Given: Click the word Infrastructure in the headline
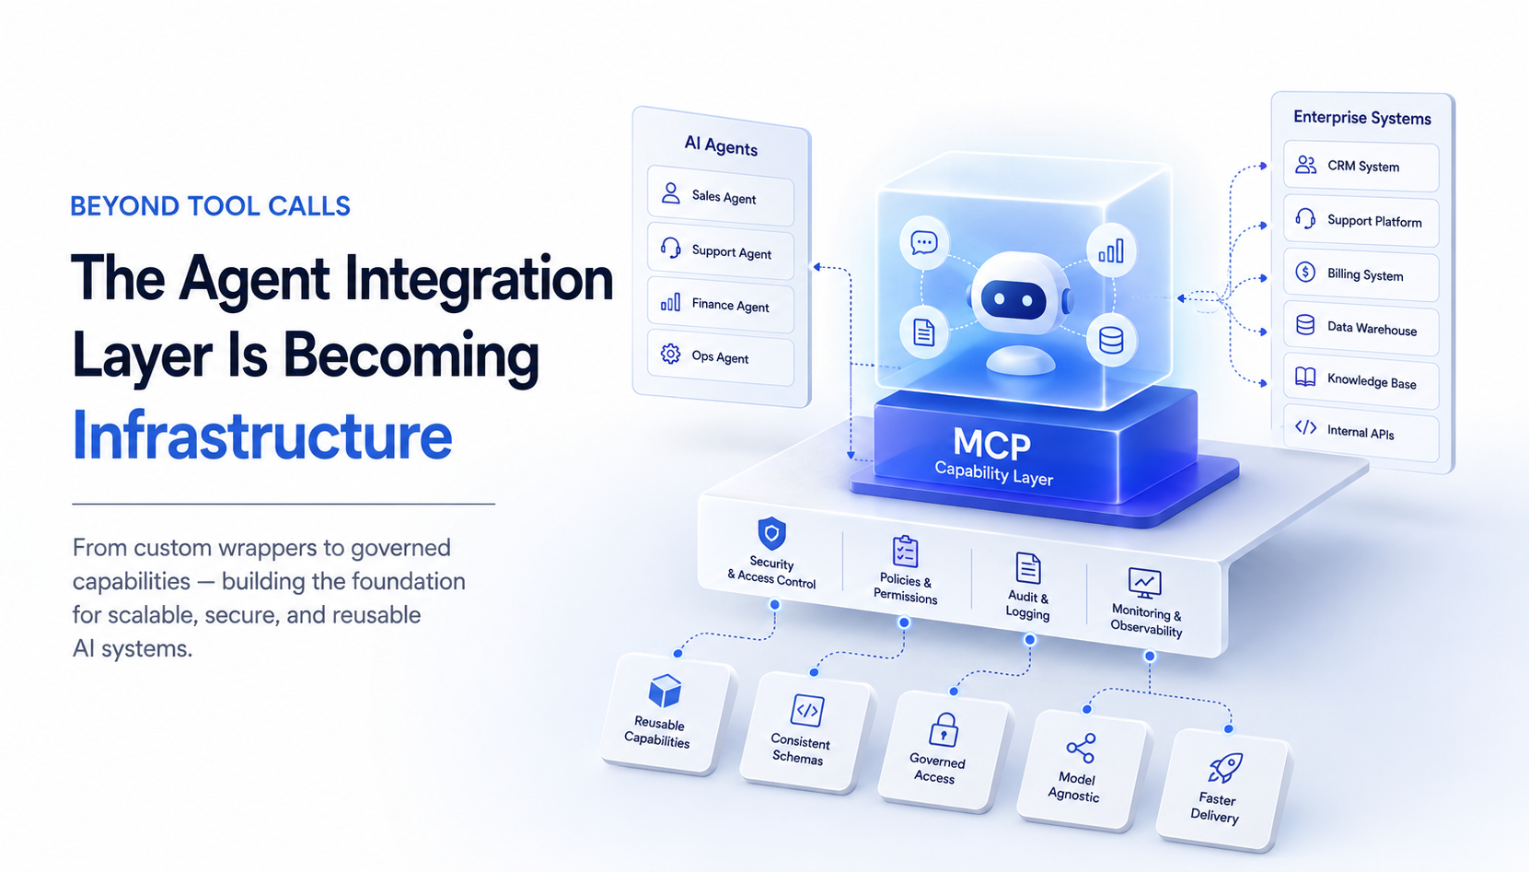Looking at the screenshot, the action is [x=262, y=435].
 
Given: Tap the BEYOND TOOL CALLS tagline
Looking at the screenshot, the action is [x=210, y=206].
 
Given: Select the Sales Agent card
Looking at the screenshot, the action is [x=721, y=196].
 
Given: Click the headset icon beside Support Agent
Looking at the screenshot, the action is [x=670, y=247].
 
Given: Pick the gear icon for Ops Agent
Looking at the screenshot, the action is [x=670, y=354].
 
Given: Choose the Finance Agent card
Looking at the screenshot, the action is [x=721, y=305].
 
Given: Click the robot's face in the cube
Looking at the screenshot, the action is [x=1014, y=299].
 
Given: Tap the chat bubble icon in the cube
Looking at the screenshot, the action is [x=923, y=243].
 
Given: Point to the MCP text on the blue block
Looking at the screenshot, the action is [x=991, y=443].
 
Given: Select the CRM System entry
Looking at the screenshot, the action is [x=1361, y=166].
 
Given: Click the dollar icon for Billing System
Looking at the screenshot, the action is [x=1305, y=272].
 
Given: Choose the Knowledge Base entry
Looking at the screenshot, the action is [x=1361, y=380].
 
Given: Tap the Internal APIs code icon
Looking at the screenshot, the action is [x=1306, y=427].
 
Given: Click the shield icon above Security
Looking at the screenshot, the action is [x=772, y=533].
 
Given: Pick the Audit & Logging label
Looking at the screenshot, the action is [x=1028, y=605].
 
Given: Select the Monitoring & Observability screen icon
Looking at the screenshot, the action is [x=1145, y=583].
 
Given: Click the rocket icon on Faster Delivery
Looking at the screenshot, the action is [x=1225, y=768].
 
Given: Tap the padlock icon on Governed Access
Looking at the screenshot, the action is [x=944, y=730].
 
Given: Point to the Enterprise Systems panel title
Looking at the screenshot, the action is [x=1362, y=118].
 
